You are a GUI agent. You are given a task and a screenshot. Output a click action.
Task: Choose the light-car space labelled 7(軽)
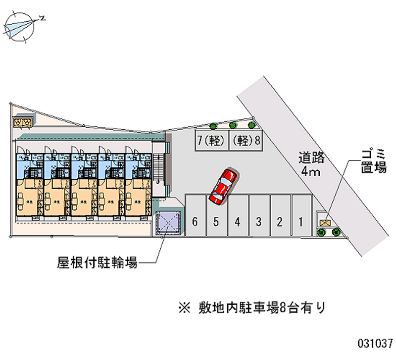tap(210, 140)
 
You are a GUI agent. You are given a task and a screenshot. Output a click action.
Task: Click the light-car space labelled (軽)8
tap(246, 140)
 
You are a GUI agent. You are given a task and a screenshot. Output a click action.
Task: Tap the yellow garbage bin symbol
tap(325, 222)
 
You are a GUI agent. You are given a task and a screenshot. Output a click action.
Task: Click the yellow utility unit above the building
tap(23, 121)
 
